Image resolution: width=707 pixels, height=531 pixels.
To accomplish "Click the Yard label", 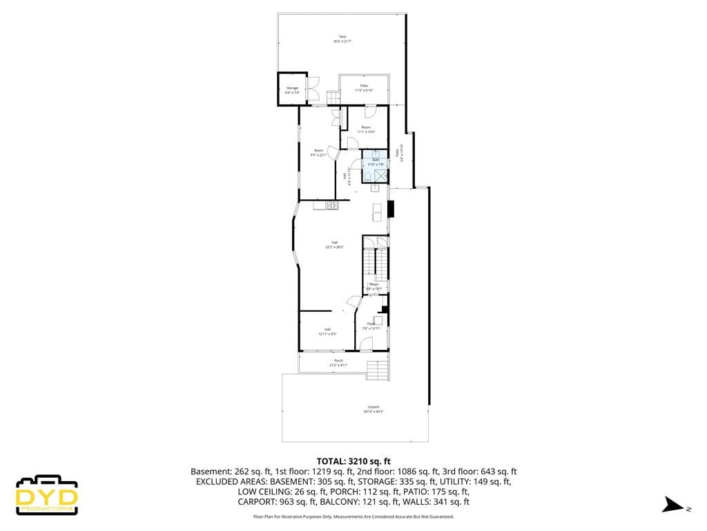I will pyautogui.click(x=342, y=39).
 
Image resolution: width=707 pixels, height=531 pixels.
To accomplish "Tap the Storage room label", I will pyautogui.click(x=292, y=90).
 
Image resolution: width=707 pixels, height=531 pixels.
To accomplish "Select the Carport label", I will pyautogui.click(x=373, y=409).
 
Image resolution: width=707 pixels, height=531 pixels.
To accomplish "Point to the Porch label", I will pyautogui.click(x=338, y=362).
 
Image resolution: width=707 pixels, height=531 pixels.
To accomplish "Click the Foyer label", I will pyautogui.click(x=371, y=326).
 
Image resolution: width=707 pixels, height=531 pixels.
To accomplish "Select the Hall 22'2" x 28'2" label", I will pyautogui.click(x=334, y=244).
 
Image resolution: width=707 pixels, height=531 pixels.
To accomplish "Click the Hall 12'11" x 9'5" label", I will pyautogui.click(x=327, y=331).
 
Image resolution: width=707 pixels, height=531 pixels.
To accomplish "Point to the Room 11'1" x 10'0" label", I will pyautogui.click(x=366, y=129).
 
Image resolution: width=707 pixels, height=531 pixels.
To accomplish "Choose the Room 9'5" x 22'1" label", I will pyautogui.click(x=318, y=153).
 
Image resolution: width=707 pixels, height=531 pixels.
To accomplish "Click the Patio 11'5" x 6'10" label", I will pyautogui.click(x=364, y=88).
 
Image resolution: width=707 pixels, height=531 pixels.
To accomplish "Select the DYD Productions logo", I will pyautogui.click(x=47, y=494).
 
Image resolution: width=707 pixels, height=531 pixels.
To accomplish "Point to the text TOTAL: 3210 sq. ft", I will pyautogui.click(x=353, y=460).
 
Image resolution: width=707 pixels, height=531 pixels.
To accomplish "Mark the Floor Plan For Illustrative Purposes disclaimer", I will pyautogui.click(x=353, y=516).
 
